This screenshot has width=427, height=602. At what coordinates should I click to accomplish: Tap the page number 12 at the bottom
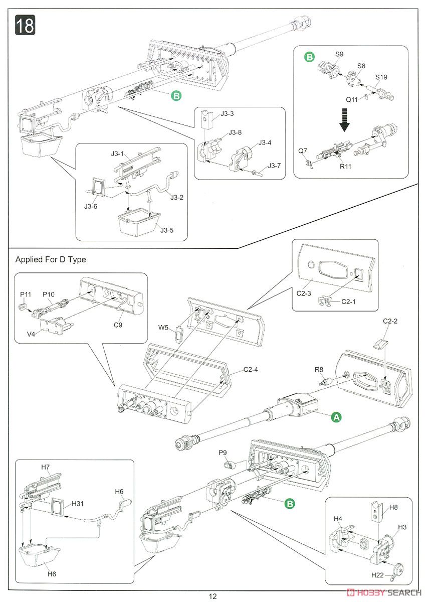[x=213, y=596]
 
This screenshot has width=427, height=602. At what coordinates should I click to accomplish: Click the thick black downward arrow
[x=344, y=121]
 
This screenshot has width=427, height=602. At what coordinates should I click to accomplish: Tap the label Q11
[x=352, y=99]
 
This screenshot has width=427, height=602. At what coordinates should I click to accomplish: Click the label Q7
[x=303, y=150]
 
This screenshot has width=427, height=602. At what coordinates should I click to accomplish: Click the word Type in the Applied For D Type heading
[x=77, y=259]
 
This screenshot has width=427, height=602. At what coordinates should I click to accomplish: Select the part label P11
[x=26, y=293]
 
